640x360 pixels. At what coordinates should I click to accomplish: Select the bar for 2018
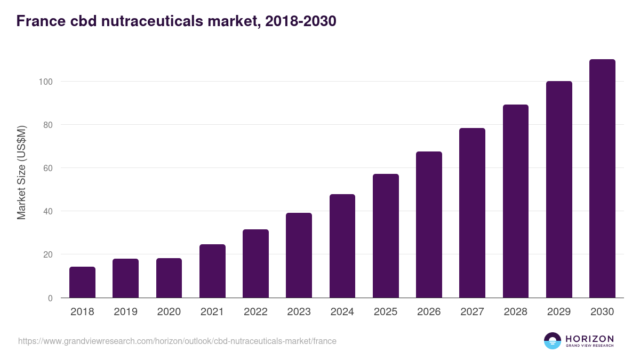coord(82,282)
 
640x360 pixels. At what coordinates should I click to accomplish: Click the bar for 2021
coord(212,271)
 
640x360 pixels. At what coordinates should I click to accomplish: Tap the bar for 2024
coord(342,246)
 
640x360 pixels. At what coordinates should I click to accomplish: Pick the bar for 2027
coord(472,213)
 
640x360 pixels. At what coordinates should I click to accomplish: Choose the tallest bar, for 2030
coord(602,179)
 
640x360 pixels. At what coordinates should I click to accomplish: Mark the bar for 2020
coord(169,278)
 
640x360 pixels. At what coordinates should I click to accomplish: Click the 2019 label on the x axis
coord(125,312)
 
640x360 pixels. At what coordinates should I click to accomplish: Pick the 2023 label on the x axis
coord(299,312)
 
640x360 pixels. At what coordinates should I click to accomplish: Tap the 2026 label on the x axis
coord(429,312)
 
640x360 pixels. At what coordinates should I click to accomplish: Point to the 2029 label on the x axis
coord(559,312)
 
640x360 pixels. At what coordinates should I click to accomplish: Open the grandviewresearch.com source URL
coord(177,341)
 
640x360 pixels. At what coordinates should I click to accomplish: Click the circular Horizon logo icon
coord(553,341)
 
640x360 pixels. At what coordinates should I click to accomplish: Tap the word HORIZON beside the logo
coord(589,338)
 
